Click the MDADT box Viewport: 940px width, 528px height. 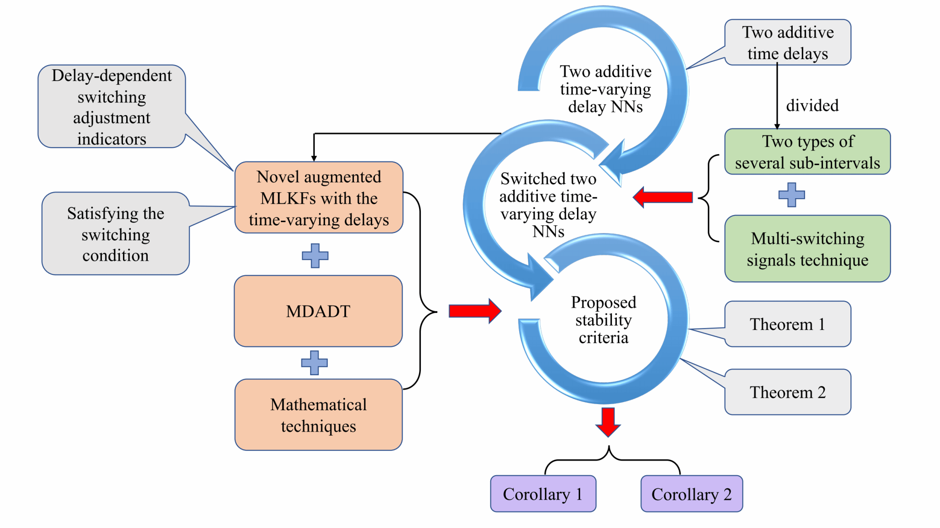click(x=318, y=311)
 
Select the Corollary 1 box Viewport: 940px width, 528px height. click(x=543, y=494)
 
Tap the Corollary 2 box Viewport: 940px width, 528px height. click(x=691, y=494)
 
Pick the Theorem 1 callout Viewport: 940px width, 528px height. click(x=788, y=324)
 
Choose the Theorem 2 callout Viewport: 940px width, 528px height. click(x=788, y=392)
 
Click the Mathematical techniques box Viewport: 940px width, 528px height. click(x=319, y=415)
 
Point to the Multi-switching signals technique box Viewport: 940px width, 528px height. click(x=807, y=249)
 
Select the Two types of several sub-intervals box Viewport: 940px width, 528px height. click(x=807, y=151)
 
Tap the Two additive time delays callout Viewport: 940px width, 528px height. click(x=788, y=42)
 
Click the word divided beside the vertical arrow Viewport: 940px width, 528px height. click(x=812, y=105)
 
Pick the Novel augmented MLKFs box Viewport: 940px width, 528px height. click(x=319, y=198)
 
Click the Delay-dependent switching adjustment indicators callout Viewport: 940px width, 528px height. click(x=112, y=106)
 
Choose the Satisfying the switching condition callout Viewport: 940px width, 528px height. click(x=116, y=233)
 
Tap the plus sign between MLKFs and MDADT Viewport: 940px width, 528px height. click(x=315, y=256)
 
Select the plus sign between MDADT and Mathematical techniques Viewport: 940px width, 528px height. click(x=314, y=362)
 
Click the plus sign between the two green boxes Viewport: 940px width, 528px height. click(x=791, y=195)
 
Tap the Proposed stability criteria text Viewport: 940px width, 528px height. click(x=604, y=320)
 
